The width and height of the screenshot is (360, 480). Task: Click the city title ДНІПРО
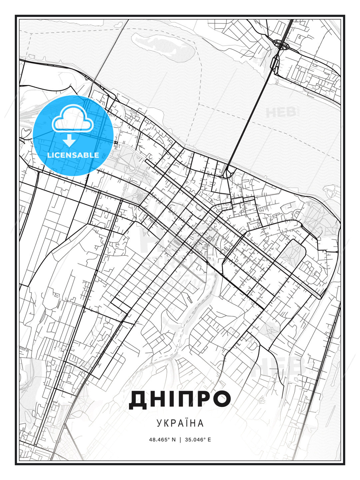(x=180, y=399)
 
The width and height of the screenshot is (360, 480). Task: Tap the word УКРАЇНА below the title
(x=180, y=423)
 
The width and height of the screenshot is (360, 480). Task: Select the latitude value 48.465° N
(x=162, y=440)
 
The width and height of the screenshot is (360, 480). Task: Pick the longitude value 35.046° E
(x=198, y=440)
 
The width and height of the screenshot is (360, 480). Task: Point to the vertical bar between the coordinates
(x=180, y=440)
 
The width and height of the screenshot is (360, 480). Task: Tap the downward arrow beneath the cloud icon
(x=69, y=140)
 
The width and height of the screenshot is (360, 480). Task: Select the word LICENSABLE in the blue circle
(x=73, y=155)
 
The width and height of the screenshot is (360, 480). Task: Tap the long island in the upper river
(x=163, y=47)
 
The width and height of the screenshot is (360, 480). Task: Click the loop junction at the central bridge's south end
(x=230, y=173)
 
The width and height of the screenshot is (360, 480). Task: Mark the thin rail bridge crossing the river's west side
(x=110, y=50)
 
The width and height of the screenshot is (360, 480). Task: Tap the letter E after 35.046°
(x=209, y=440)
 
